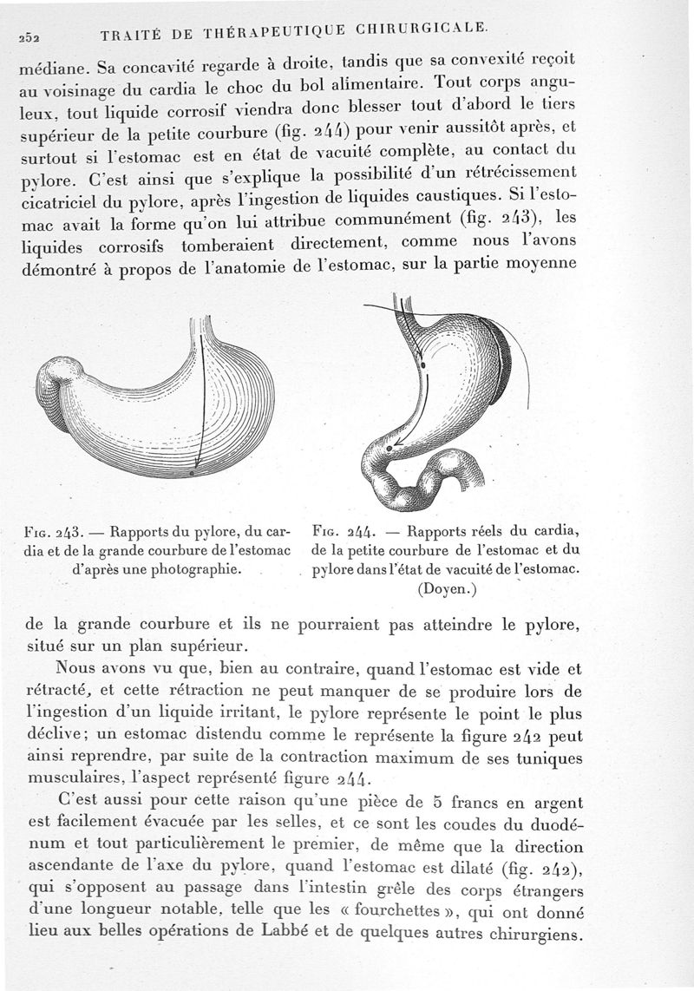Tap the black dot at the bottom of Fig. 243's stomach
(x=192, y=474)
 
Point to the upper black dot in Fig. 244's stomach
(x=422, y=367)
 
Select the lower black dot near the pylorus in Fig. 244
(x=390, y=447)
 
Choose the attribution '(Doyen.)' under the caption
(x=448, y=589)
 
